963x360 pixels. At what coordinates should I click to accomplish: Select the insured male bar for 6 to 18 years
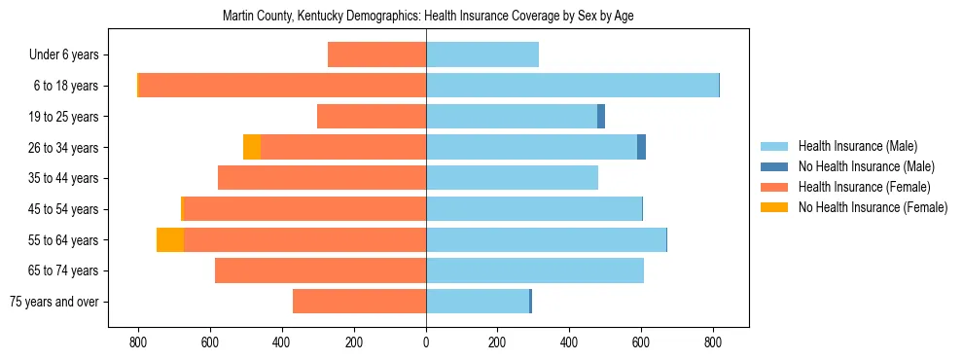[572, 86]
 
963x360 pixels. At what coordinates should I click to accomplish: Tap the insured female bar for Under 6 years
[376, 54]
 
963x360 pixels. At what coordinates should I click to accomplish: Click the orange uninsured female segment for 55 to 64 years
[170, 239]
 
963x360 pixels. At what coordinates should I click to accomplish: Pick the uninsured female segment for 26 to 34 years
[252, 147]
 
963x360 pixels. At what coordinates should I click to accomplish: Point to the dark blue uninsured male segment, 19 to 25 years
[601, 117]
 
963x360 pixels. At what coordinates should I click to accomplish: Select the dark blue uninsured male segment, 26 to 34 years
[642, 147]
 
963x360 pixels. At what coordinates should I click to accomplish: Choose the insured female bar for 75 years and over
[359, 302]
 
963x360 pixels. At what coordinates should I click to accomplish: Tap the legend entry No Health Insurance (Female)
[873, 207]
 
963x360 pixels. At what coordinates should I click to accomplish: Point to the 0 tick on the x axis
[426, 342]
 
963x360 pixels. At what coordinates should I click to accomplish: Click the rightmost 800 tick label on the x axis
[713, 342]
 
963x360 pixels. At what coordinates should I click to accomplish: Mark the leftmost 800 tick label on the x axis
[138, 342]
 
